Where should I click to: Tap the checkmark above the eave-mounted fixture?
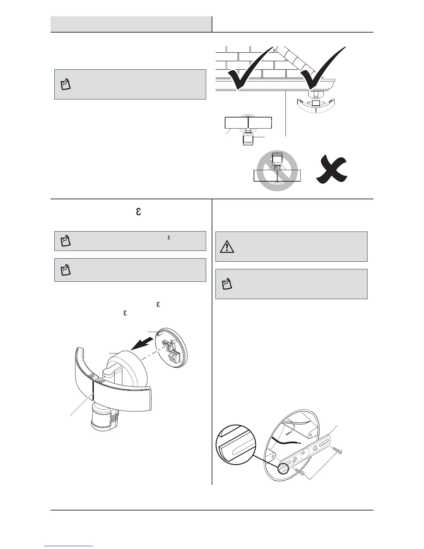pos(320,68)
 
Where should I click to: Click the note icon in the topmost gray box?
pos(66,85)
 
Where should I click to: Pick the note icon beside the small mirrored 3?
pos(66,241)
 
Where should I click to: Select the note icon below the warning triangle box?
pos(227,284)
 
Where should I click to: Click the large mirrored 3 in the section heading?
pos(138,211)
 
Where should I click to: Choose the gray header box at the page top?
pos(131,24)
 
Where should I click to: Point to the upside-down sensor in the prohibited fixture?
pos(276,158)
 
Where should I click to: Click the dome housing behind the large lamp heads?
pos(130,367)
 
